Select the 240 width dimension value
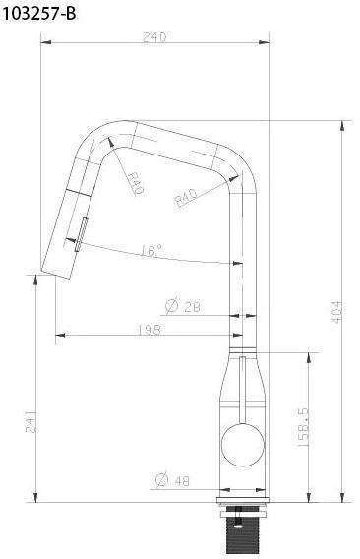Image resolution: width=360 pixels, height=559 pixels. click(154, 36)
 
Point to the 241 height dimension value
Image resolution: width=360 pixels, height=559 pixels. click(30, 421)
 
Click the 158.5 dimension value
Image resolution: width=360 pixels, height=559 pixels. click(303, 428)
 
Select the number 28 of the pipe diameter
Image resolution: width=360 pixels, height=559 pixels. click(190, 307)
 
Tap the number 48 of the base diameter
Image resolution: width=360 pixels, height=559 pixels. click(183, 481)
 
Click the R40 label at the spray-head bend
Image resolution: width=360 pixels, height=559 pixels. click(133, 182)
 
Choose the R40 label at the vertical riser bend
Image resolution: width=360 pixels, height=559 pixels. click(186, 199)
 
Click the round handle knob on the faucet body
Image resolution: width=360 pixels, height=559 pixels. click(240, 447)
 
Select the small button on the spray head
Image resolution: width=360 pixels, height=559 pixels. click(82, 232)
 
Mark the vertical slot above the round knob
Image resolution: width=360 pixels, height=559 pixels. click(239, 388)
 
